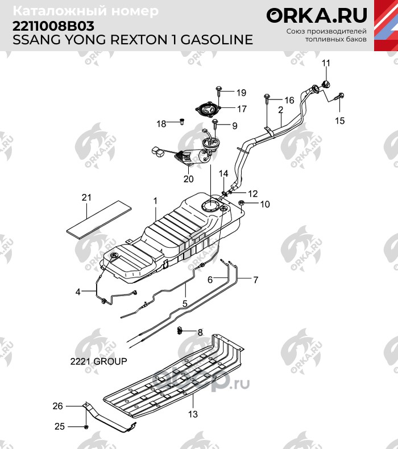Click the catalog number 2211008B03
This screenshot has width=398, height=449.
tap(51, 26)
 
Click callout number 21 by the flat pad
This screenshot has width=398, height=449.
tap(86, 198)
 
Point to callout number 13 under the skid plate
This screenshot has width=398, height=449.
tap(193, 414)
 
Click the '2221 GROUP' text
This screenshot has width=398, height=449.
tap(98, 361)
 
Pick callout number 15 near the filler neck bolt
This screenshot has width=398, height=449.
tap(339, 120)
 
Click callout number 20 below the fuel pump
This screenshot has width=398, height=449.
tap(189, 178)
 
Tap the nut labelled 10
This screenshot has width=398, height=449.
tap(242, 203)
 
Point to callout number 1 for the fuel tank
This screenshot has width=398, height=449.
tap(154, 201)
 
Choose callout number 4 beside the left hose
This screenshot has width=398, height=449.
tap(78, 292)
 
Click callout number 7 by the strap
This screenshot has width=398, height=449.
tap(256, 280)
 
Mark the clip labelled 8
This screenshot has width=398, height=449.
tap(180, 331)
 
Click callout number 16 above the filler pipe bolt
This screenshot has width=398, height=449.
tap(289, 100)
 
